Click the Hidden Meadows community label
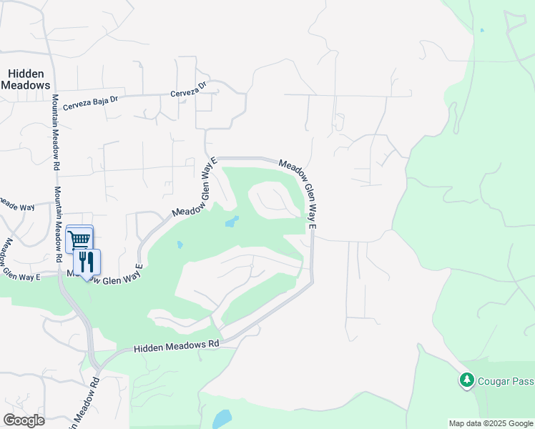26,79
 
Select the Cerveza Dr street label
187,89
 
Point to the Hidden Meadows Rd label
176,346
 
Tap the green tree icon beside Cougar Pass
467,380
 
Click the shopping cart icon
79,238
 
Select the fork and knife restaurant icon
87,262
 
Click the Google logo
24,420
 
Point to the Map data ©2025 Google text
490,423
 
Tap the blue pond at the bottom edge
222,418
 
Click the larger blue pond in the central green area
232,221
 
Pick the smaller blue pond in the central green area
180,245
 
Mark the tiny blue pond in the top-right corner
482,30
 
